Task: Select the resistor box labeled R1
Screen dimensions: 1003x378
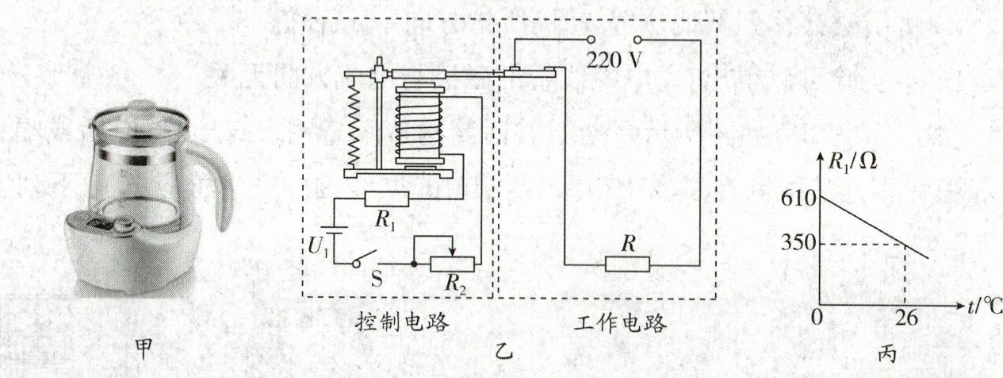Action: click(386, 199)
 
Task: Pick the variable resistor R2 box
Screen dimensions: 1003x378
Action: click(453, 264)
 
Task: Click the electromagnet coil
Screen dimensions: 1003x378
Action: click(420, 127)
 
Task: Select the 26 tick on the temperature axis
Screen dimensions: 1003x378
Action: click(906, 320)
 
